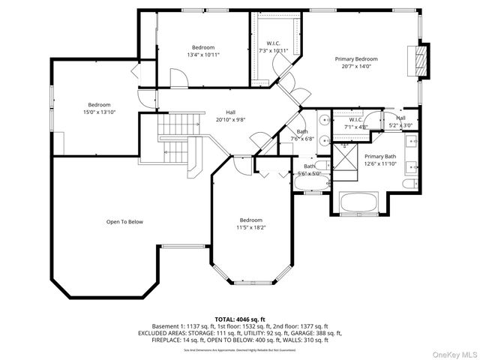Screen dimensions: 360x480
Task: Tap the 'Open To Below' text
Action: [124, 222]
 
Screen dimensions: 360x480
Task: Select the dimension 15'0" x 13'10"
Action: [99, 112]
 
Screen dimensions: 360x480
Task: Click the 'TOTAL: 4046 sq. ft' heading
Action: [240, 319]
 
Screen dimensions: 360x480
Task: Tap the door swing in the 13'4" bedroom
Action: [178, 78]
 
